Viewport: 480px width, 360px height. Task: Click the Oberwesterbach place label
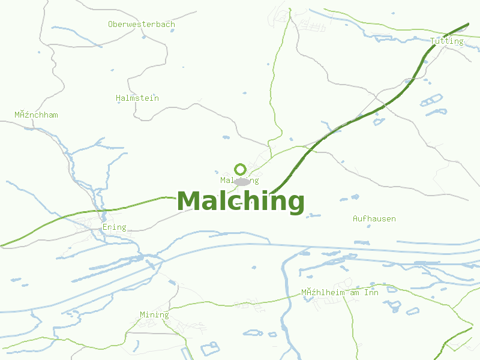pos(142,25)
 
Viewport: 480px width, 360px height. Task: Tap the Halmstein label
pos(137,98)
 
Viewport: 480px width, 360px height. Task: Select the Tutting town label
pos(446,41)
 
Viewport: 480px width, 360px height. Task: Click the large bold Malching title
pos(241,201)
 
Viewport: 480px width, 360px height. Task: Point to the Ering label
pos(114,227)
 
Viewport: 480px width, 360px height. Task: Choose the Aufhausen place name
pos(374,218)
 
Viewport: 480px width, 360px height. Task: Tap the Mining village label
pos(154,314)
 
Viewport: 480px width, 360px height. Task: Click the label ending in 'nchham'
pos(36,115)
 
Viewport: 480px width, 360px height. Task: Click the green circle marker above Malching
pos(240,169)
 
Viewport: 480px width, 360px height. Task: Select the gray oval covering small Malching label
pos(242,181)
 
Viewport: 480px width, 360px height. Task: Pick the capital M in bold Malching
pos(188,201)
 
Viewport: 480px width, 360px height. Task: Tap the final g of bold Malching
pos(295,203)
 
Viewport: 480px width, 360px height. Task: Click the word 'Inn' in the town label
pos(372,293)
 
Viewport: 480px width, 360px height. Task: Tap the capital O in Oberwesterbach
pos(111,25)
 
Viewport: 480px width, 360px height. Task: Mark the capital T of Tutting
pos(433,41)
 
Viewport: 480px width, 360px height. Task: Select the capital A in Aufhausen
pos(356,218)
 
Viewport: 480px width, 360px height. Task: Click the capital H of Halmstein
pos(118,98)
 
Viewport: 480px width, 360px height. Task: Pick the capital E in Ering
pos(105,227)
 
